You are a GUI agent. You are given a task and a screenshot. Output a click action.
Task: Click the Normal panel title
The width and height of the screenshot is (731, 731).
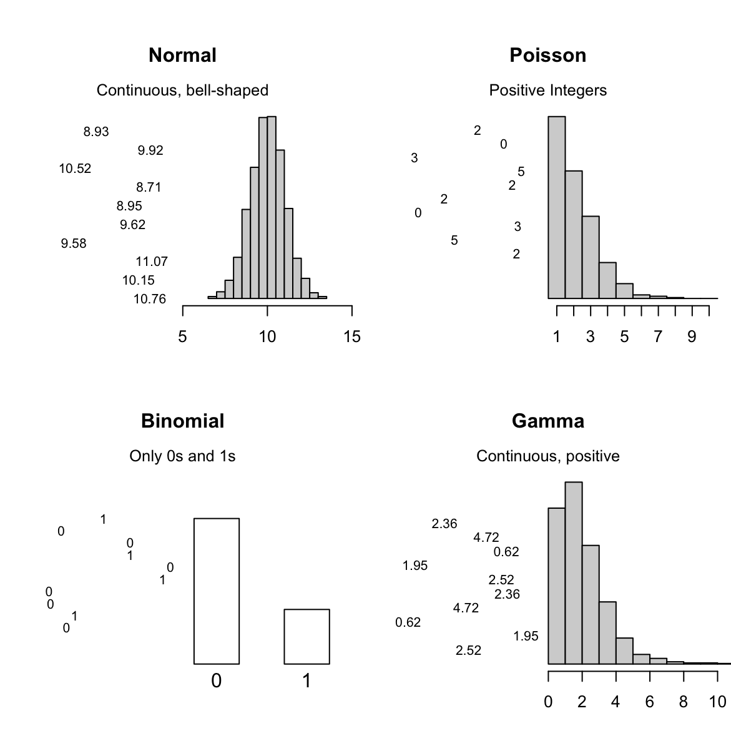tap(182, 56)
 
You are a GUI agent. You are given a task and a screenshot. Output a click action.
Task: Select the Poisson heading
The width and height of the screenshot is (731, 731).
tap(547, 56)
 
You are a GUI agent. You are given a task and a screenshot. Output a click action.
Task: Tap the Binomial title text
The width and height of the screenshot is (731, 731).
tap(182, 421)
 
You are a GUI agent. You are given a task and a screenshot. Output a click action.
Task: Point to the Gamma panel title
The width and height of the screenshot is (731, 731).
tap(547, 421)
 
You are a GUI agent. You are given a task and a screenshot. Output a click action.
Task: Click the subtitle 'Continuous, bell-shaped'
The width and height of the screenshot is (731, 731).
tap(182, 91)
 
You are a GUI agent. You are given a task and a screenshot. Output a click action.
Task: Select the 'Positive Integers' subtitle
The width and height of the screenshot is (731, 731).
tap(547, 91)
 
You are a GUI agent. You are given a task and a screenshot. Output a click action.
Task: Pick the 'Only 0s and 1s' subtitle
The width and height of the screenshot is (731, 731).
tap(182, 456)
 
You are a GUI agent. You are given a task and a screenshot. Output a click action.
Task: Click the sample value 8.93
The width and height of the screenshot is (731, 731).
tap(96, 132)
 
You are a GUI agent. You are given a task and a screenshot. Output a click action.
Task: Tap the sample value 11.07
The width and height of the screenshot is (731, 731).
tap(152, 262)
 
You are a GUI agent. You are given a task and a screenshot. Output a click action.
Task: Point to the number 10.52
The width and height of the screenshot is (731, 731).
tap(75, 169)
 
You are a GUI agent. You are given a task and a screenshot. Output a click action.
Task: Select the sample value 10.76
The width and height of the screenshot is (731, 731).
tap(150, 299)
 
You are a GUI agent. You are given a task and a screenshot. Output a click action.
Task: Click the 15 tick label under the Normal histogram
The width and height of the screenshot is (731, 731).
tap(352, 337)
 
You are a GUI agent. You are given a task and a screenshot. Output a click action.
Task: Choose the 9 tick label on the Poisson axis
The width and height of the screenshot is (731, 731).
tap(692, 337)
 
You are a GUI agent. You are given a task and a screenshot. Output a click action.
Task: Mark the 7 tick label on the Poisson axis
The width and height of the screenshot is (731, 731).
tap(658, 337)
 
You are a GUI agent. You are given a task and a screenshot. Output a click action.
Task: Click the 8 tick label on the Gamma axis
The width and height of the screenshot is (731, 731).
tap(684, 702)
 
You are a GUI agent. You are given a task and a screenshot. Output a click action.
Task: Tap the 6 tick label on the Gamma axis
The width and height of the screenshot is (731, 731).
tap(650, 702)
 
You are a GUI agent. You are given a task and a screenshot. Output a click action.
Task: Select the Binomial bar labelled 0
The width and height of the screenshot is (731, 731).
tap(217, 591)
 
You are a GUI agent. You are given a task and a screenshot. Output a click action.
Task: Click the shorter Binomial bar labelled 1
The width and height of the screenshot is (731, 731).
tap(307, 636)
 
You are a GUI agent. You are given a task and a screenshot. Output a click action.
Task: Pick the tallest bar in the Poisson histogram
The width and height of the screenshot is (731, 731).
tap(557, 207)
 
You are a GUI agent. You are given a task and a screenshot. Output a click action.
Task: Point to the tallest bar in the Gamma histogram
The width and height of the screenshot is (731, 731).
tap(574, 572)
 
